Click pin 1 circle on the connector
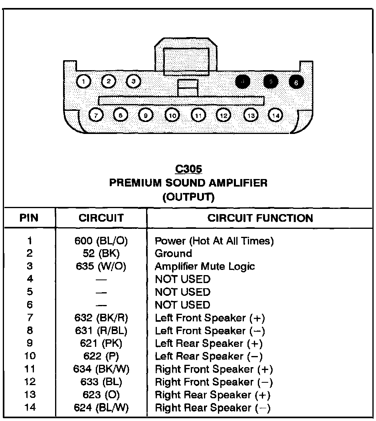click(x=83, y=82)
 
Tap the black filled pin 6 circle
click(x=296, y=83)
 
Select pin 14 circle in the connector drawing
click(x=275, y=115)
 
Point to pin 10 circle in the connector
click(x=172, y=115)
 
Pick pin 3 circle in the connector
click(x=133, y=81)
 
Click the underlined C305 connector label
click(x=188, y=169)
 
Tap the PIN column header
click(x=29, y=218)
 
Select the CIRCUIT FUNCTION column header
click(x=260, y=218)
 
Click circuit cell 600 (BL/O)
click(x=101, y=241)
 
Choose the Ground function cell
click(x=173, y=254)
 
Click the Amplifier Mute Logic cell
click(x=204, y=266)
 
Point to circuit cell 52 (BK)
click(x=101, y=254)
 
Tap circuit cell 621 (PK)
click(x=101, y=343)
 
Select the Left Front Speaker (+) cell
click(x=210, y=318)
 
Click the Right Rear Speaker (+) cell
click(x=212, y=395)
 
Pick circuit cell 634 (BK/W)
click(x=101, y=369)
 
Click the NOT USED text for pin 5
click(x=182, y=292)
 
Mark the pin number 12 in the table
click(x=30, y=382)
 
